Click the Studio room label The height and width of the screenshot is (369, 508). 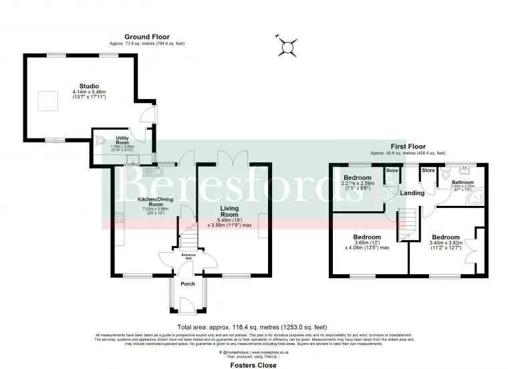(89, 86)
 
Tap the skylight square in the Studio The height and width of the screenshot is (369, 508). (47, 101)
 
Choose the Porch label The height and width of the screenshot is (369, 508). (188, 283)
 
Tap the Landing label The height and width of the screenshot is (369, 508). (410, 193)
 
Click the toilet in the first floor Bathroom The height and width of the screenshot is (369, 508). (447, 173)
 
